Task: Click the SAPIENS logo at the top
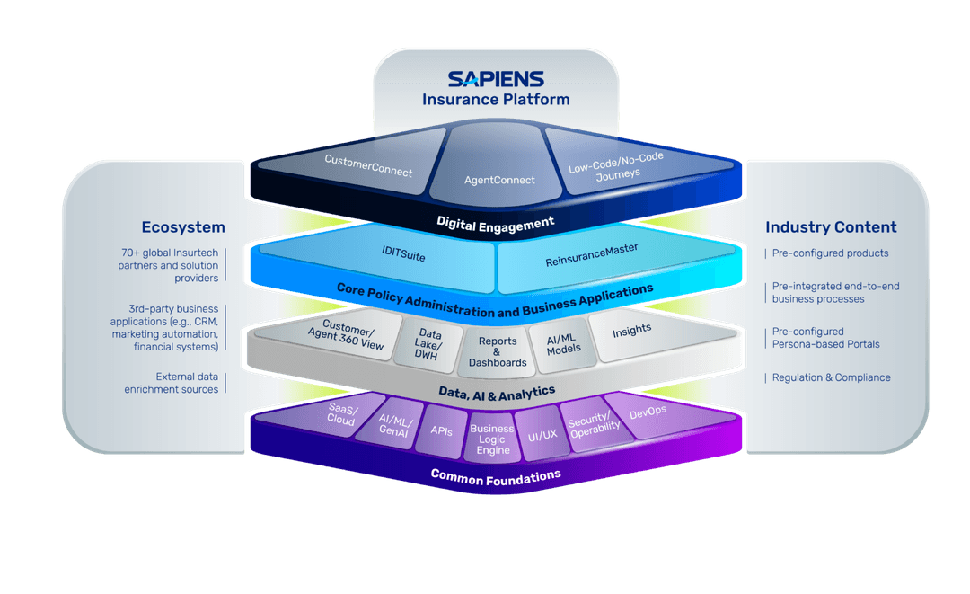click(x=496, y=79)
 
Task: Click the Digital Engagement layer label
click(x=496, y=224)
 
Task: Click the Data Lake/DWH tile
click(x=428, y=344)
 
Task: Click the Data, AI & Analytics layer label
click(x=497, y=393)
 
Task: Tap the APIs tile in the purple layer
click(x=441, y=430)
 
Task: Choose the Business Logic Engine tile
click(x=492, y=439)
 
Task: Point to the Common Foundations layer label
click(x=496, y=476)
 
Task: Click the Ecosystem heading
click(x=183, y=227)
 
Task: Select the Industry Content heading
click(x=831, y=227)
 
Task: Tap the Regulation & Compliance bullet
click(x=831, y=377)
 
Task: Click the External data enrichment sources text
click(x=172, y=383)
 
